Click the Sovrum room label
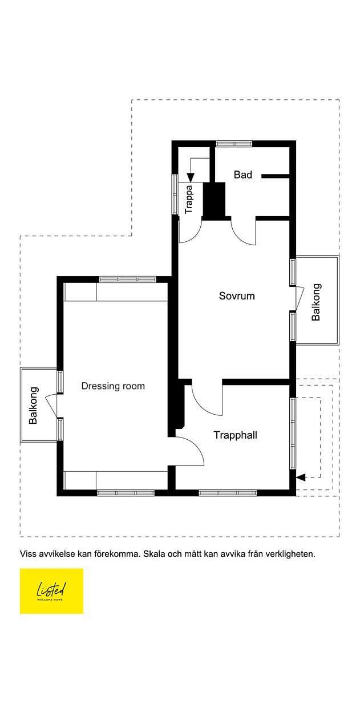click(x=237, y=296)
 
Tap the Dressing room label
click(x=113, y=386)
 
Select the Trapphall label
click(x=235, y=435)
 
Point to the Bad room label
click(x=242, y=175)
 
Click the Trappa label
click(x=189, y=199)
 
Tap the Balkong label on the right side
click(x=316, y=302)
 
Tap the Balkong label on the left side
click(x=34, y=406)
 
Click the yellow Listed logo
click(x=51, y=591)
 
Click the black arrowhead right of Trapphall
click(x=301, y=477)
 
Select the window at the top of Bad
click(x=234, y=144)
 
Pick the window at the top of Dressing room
click(x=127, y=279)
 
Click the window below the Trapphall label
click(x=228, y=492)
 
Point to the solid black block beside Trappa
click(x=216, y=200)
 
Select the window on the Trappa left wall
click(x=176, y=194)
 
